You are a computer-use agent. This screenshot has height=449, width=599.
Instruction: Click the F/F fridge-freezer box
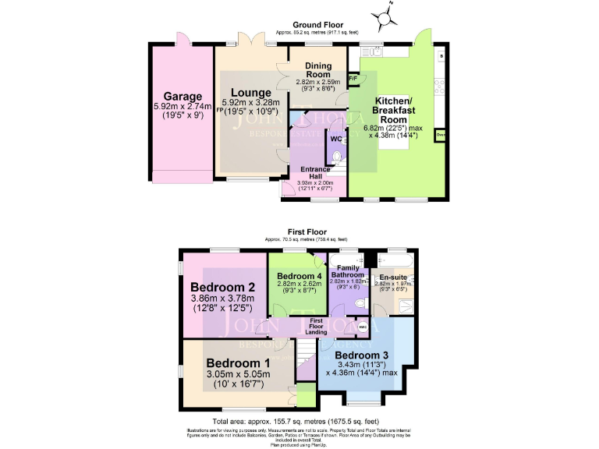353,79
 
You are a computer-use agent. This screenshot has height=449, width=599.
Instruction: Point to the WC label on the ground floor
336,139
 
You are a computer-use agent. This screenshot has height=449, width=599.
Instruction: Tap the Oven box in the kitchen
441,136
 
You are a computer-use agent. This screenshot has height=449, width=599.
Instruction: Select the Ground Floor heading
317,25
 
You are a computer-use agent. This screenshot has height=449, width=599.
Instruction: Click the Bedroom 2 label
213,285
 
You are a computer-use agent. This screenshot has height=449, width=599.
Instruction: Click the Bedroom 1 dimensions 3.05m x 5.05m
236,375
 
